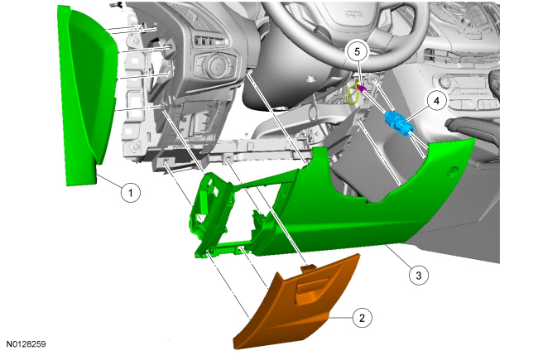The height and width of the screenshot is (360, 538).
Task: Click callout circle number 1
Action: (x=131, y=193)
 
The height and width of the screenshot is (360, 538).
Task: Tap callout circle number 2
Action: (x=362, y=318)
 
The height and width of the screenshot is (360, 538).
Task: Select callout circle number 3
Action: (x=419, y=276)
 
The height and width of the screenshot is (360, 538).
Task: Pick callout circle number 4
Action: (x=436, y=101)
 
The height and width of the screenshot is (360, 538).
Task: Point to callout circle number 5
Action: (x=358, y=52)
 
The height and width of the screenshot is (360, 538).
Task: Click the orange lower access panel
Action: (x=297, y=302)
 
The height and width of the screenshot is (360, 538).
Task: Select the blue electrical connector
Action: (x=399, y=124)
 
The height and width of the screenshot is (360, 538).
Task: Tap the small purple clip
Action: (x=362, y=89)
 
